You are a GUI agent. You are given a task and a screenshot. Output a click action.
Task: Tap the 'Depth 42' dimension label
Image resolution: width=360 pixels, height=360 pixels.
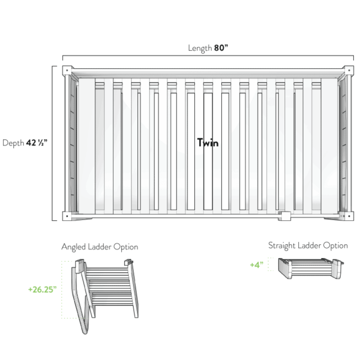[x=25, y=143]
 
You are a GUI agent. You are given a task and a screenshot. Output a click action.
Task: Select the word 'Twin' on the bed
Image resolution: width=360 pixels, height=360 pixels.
[x=207, y=143]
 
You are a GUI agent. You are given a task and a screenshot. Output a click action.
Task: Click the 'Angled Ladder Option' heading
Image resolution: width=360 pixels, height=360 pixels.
[x=99, y=247]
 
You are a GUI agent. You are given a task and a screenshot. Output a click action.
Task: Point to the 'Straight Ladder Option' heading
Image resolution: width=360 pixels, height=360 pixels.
[x=308, y=245]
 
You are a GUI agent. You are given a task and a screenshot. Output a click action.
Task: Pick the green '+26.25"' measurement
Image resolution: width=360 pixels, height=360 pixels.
[x=43, y=289]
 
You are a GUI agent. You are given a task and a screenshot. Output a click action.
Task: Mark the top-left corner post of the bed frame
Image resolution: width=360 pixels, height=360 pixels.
[x=66, y=70]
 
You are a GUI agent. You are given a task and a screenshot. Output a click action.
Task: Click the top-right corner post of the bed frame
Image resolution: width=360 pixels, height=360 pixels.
[x=349, y=71]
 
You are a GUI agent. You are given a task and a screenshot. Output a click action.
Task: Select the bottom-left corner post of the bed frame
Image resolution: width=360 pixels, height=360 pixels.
[x=66, y=216]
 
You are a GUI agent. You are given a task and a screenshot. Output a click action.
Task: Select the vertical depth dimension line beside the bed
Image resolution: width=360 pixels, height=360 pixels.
[x=53, y=143]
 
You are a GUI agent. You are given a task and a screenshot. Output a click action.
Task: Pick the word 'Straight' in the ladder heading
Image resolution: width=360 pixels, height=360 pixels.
[x=279, y=245]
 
